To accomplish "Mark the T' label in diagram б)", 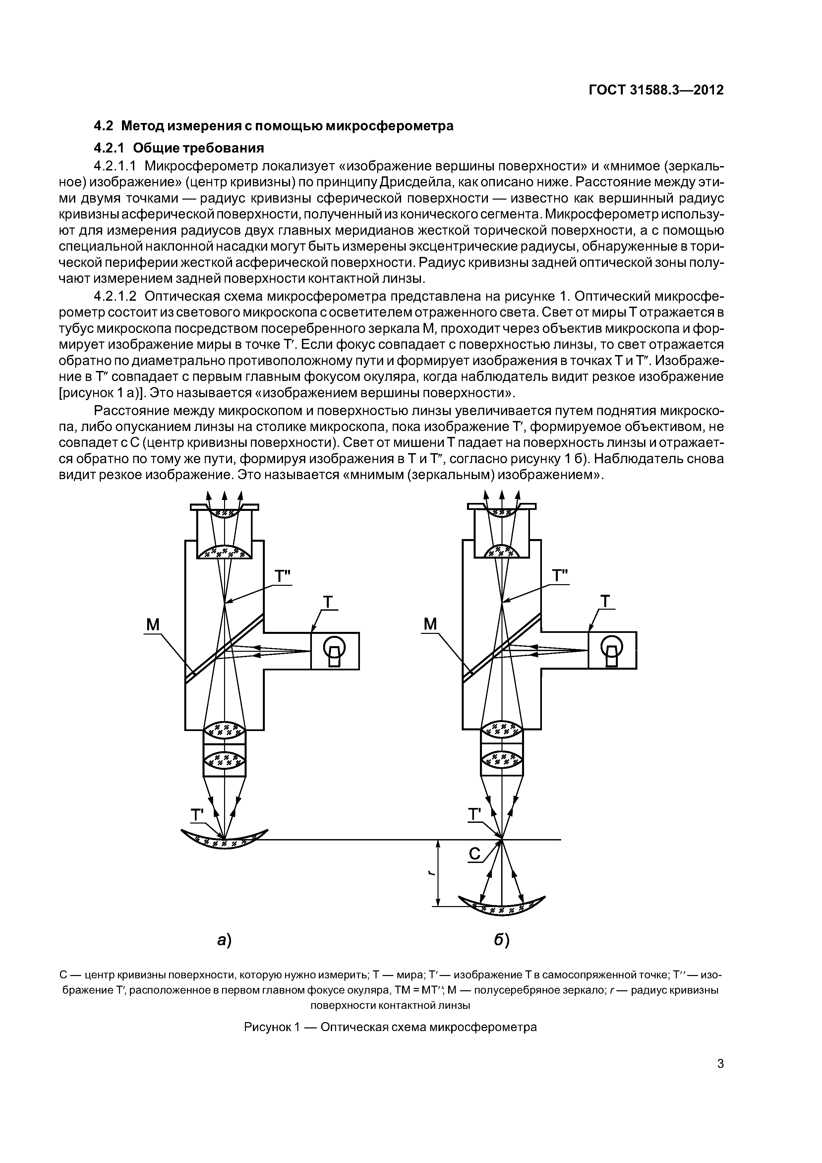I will [474, 815].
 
